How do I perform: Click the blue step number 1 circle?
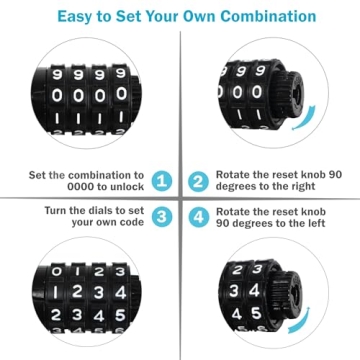click(x=162, y=181)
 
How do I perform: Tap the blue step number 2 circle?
click(x=197, y=181)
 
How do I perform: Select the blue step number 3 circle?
click(x=162, y=217)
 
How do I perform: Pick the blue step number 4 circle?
click(x=197, y=217)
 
